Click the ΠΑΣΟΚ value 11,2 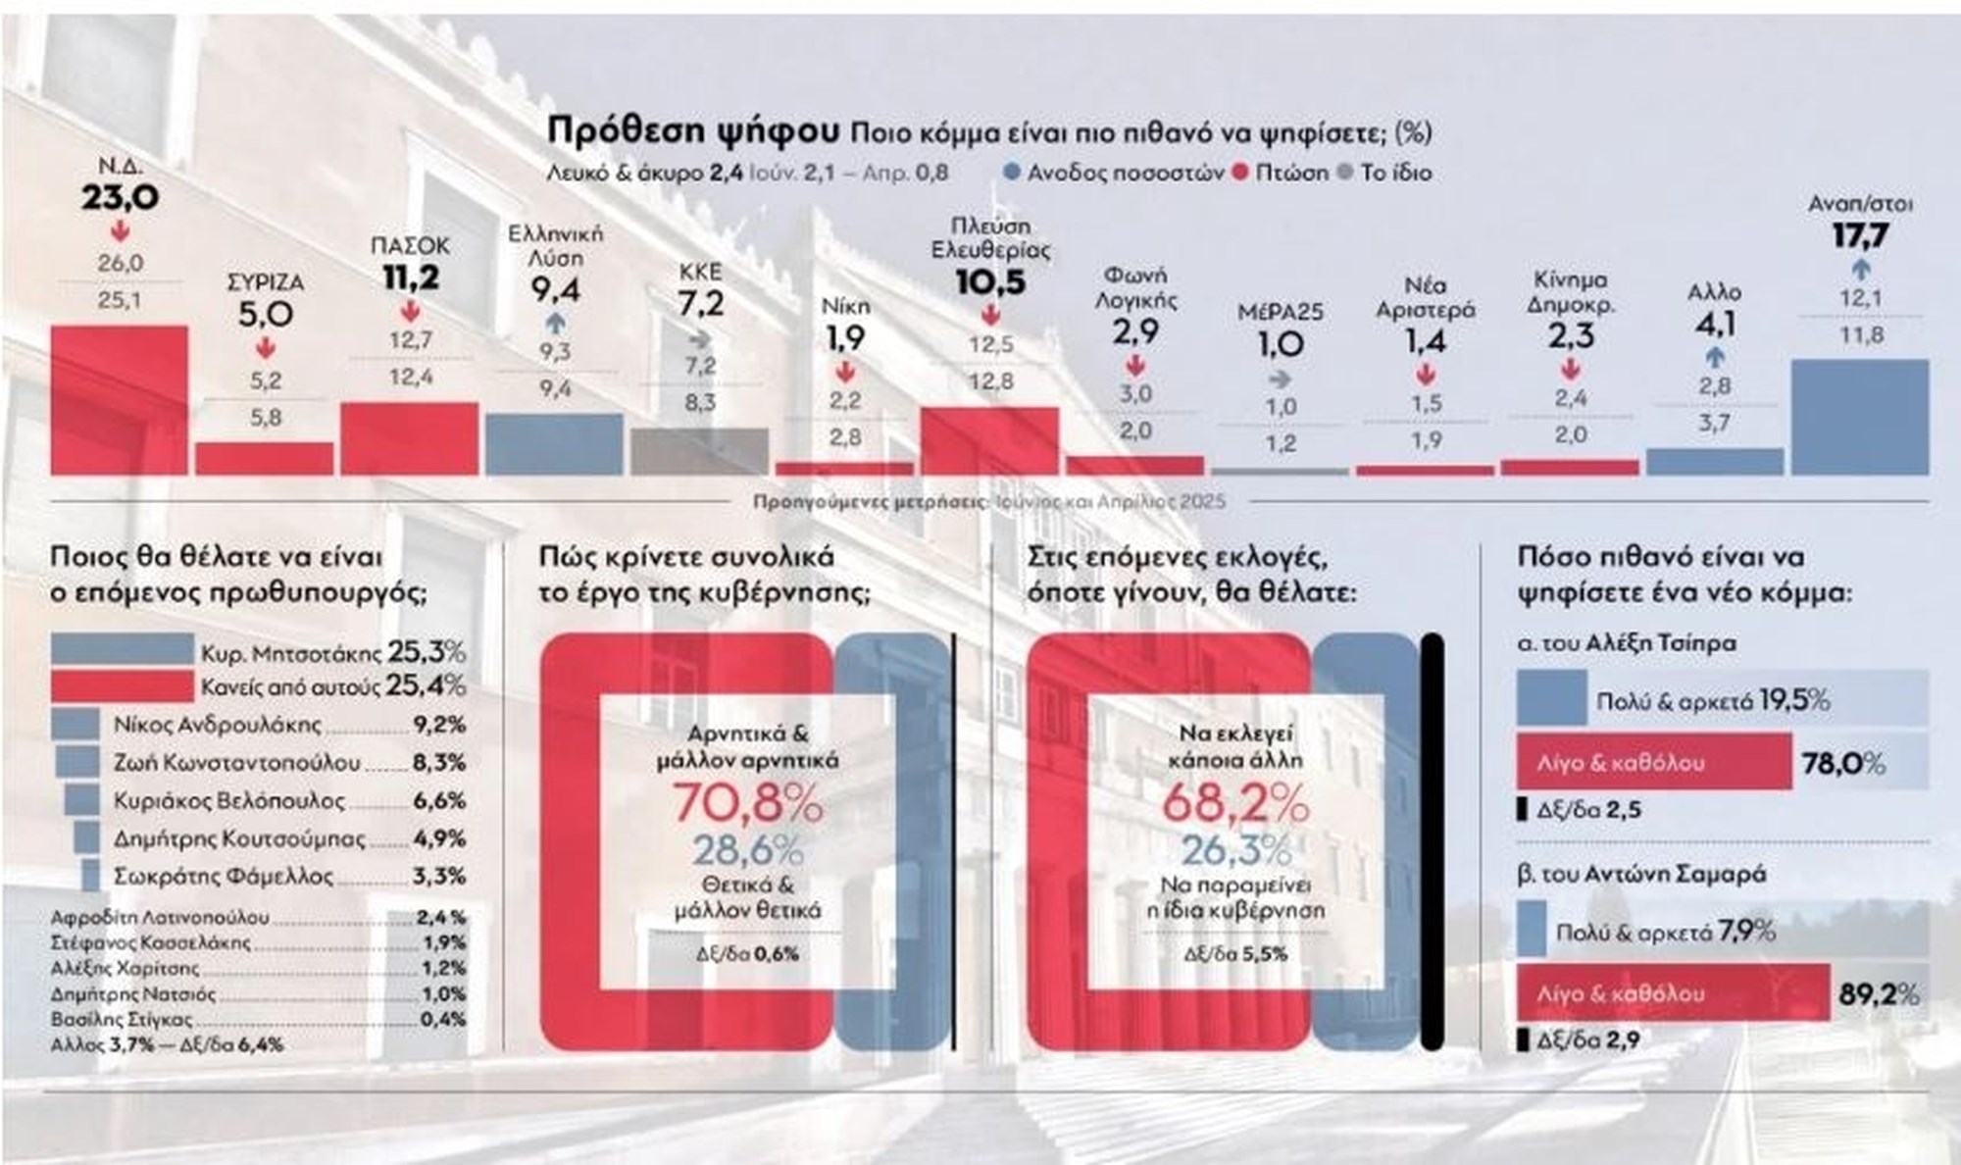coord(411,279)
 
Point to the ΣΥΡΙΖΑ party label coord(265,282)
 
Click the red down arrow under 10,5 coord(990,315)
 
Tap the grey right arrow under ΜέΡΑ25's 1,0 coord(1280,378)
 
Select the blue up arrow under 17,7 coord(1860,269)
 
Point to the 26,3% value coord(1235,850)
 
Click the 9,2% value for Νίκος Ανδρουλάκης coord(438,726)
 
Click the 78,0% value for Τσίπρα coord(1843,763)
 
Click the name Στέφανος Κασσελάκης coord(150,943)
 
